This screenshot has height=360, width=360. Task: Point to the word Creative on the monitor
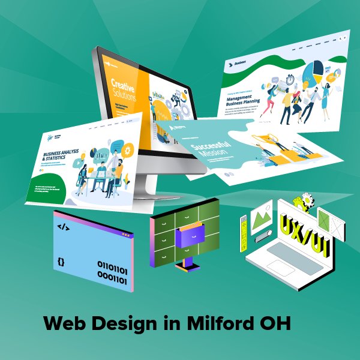point(122,83)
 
